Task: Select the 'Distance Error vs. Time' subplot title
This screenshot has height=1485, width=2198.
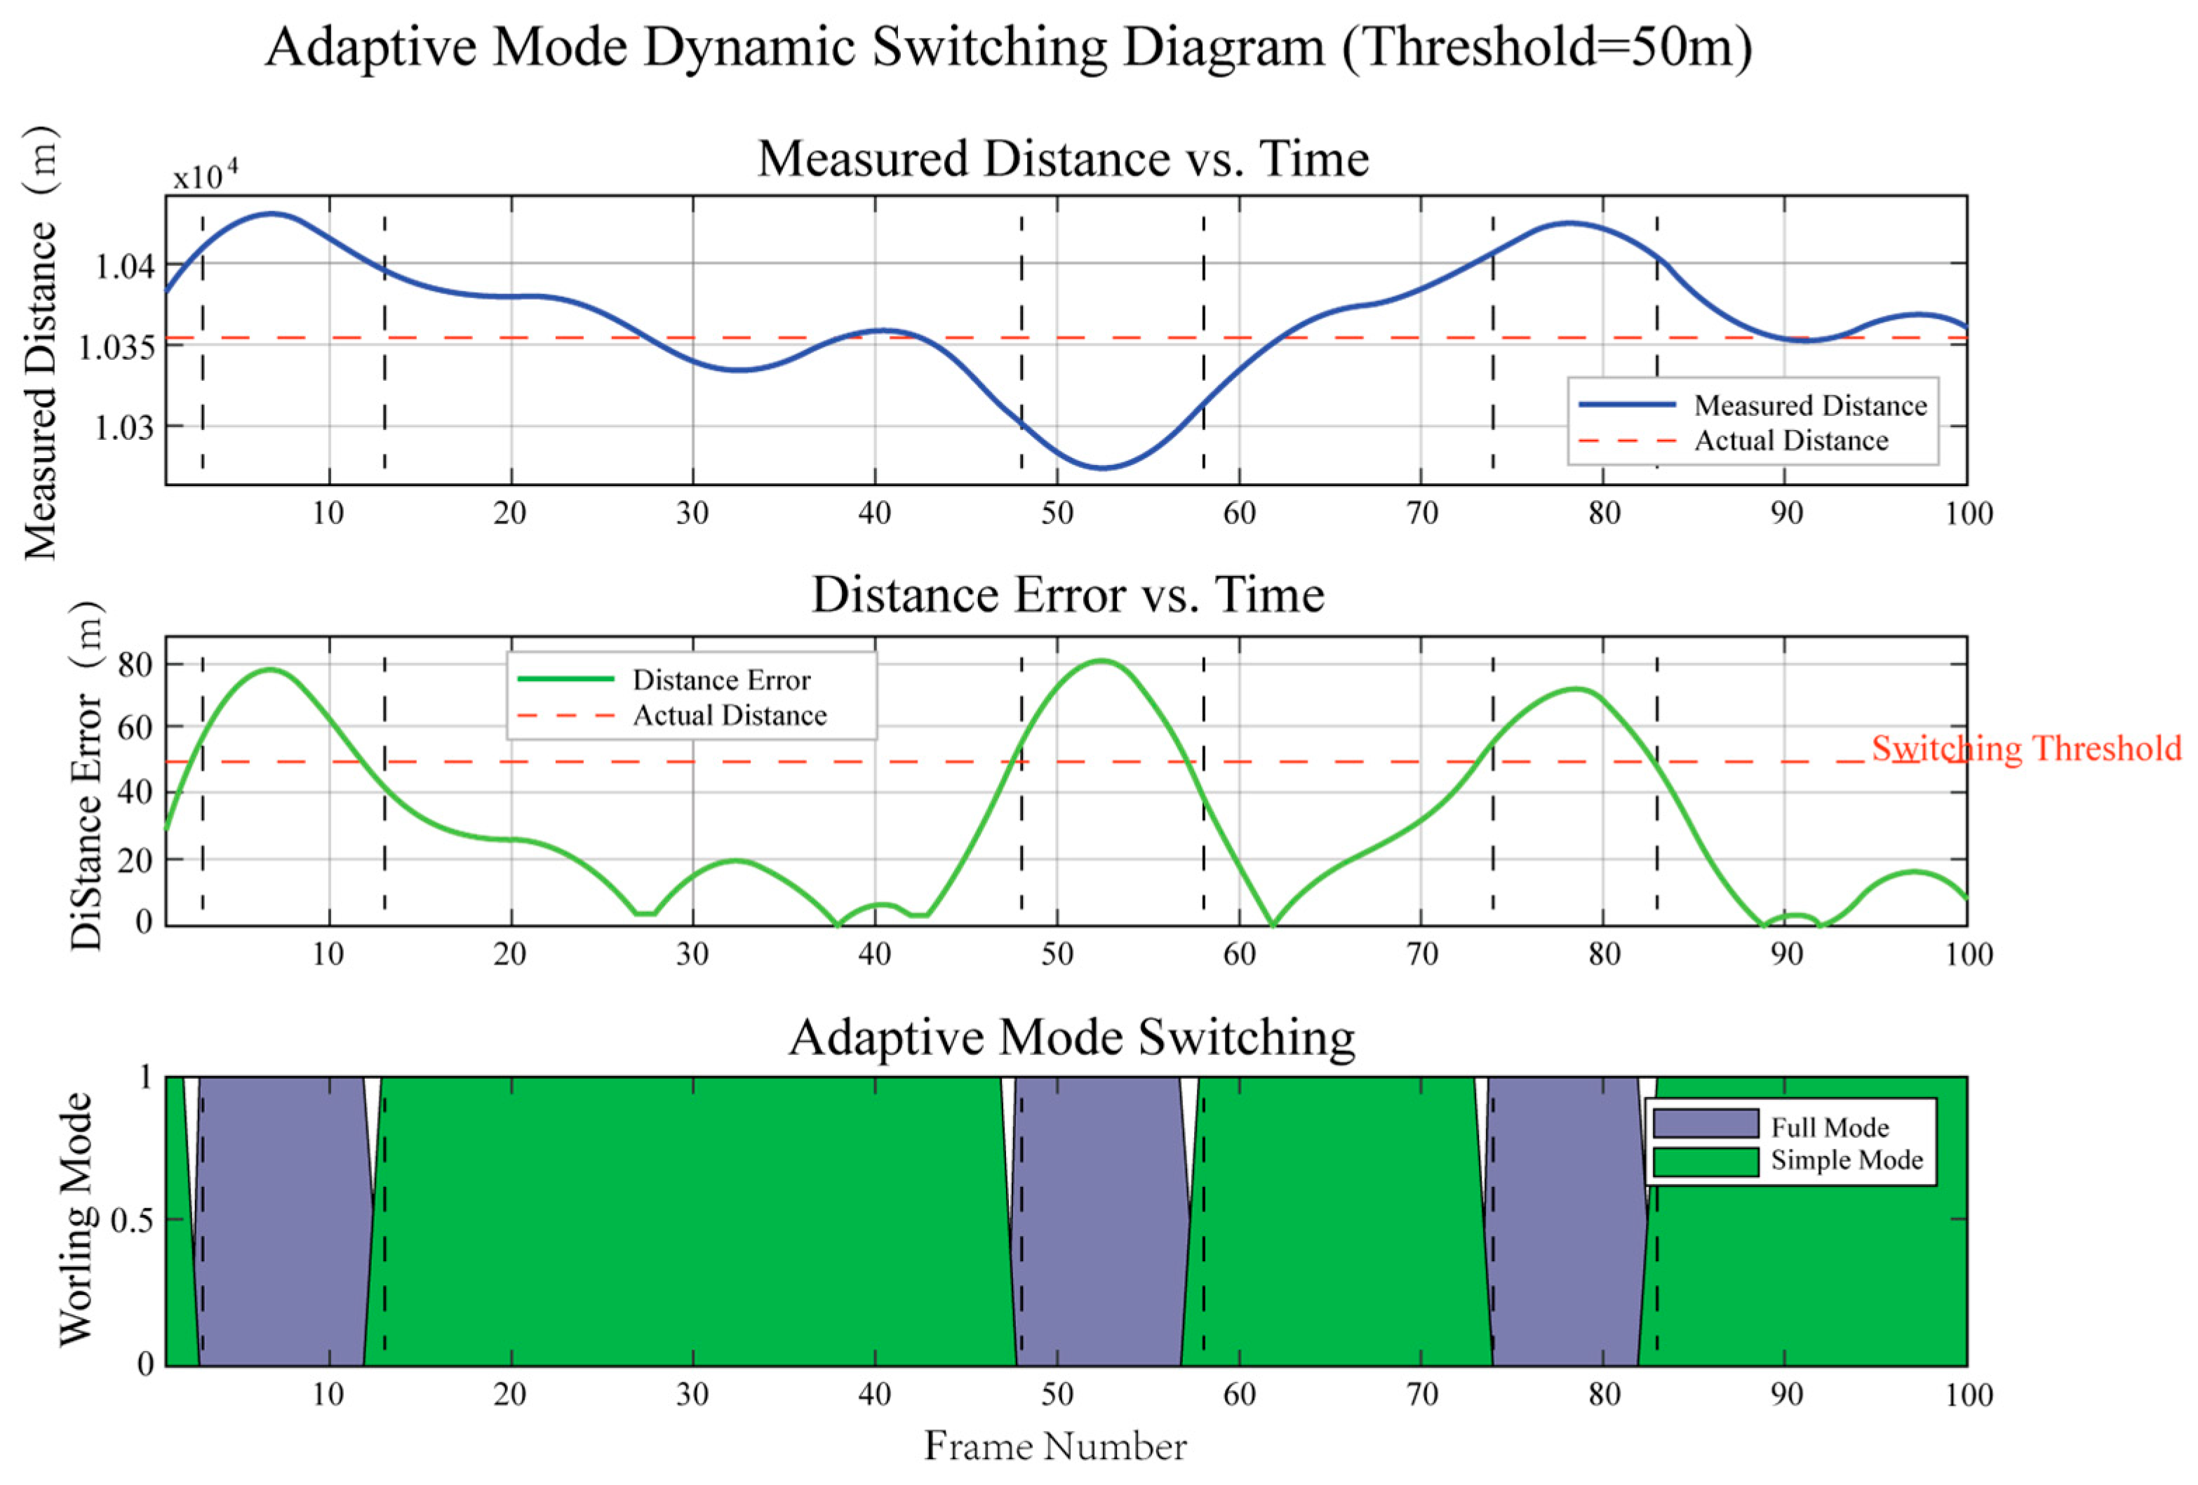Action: tap(1068, 595)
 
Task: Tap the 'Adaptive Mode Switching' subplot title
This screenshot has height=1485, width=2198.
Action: tap(1071, 1037)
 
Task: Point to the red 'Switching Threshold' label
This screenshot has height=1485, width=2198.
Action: tap(2026, 748)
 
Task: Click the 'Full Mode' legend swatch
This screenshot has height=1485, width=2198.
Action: tap(1706, 1124)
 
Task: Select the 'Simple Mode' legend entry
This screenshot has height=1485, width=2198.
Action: tap(1847, 1160)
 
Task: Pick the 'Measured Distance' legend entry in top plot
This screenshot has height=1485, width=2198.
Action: tap(1809, 405)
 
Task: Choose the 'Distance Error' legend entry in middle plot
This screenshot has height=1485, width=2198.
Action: tap(721, 680)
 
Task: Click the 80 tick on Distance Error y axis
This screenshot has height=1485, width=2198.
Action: tap(135, 665)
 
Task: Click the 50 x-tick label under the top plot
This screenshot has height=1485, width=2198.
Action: tap(1057, 513)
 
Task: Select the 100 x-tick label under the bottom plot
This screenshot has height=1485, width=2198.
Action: tap(1968, 1395)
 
